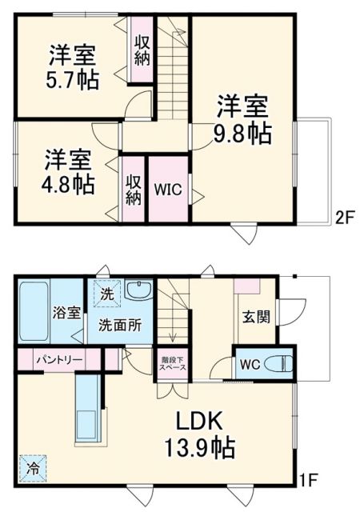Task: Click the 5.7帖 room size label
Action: pyautogui.click(x=73, y=81)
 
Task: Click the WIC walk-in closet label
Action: pyautogui.click(x=167, y=190)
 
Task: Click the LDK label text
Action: pyautogui.click(x=200, y=422)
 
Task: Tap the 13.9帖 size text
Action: pyautogui.click(x=199, y=448)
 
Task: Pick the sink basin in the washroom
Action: pyautogui.click(x=138, y=290)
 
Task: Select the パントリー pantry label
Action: pyautogui.click(x=58, y=360)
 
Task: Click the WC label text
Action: pyautogui.click(x=249, y=363)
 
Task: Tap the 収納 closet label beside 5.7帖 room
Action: pyautogui.click(x=142, y=49)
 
